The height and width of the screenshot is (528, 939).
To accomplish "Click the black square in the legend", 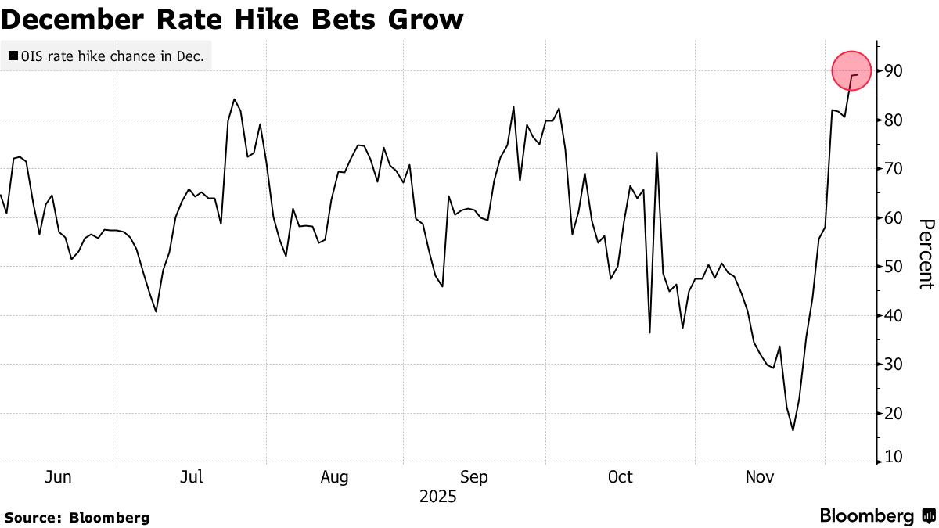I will pos(13,56).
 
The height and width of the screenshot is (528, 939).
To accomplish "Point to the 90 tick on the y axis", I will pos(893,71).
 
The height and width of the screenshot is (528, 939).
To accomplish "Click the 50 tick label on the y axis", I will pos(893,267).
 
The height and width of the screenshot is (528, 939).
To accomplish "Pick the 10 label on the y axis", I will pos(893,456).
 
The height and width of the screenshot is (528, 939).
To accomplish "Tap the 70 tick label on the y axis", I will pos(893,169).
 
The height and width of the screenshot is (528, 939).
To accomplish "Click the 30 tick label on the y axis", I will pos(893,365).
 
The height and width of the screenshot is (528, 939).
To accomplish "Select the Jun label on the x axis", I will pos(59,476).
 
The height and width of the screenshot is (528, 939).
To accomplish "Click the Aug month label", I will pos(334,476).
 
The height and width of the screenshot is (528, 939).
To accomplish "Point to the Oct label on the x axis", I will pos(620,476).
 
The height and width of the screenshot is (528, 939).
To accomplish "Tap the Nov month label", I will pos(759,476).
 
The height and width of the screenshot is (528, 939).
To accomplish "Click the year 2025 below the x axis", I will pos(438,497).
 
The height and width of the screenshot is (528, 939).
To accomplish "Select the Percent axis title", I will pos(926,254).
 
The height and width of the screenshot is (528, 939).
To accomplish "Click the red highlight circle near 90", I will pos(851,70).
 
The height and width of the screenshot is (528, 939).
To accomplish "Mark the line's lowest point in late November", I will pos(793,429).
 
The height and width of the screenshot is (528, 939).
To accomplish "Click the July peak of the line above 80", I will pos(234,99).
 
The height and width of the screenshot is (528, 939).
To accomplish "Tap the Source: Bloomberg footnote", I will pos(77,518).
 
